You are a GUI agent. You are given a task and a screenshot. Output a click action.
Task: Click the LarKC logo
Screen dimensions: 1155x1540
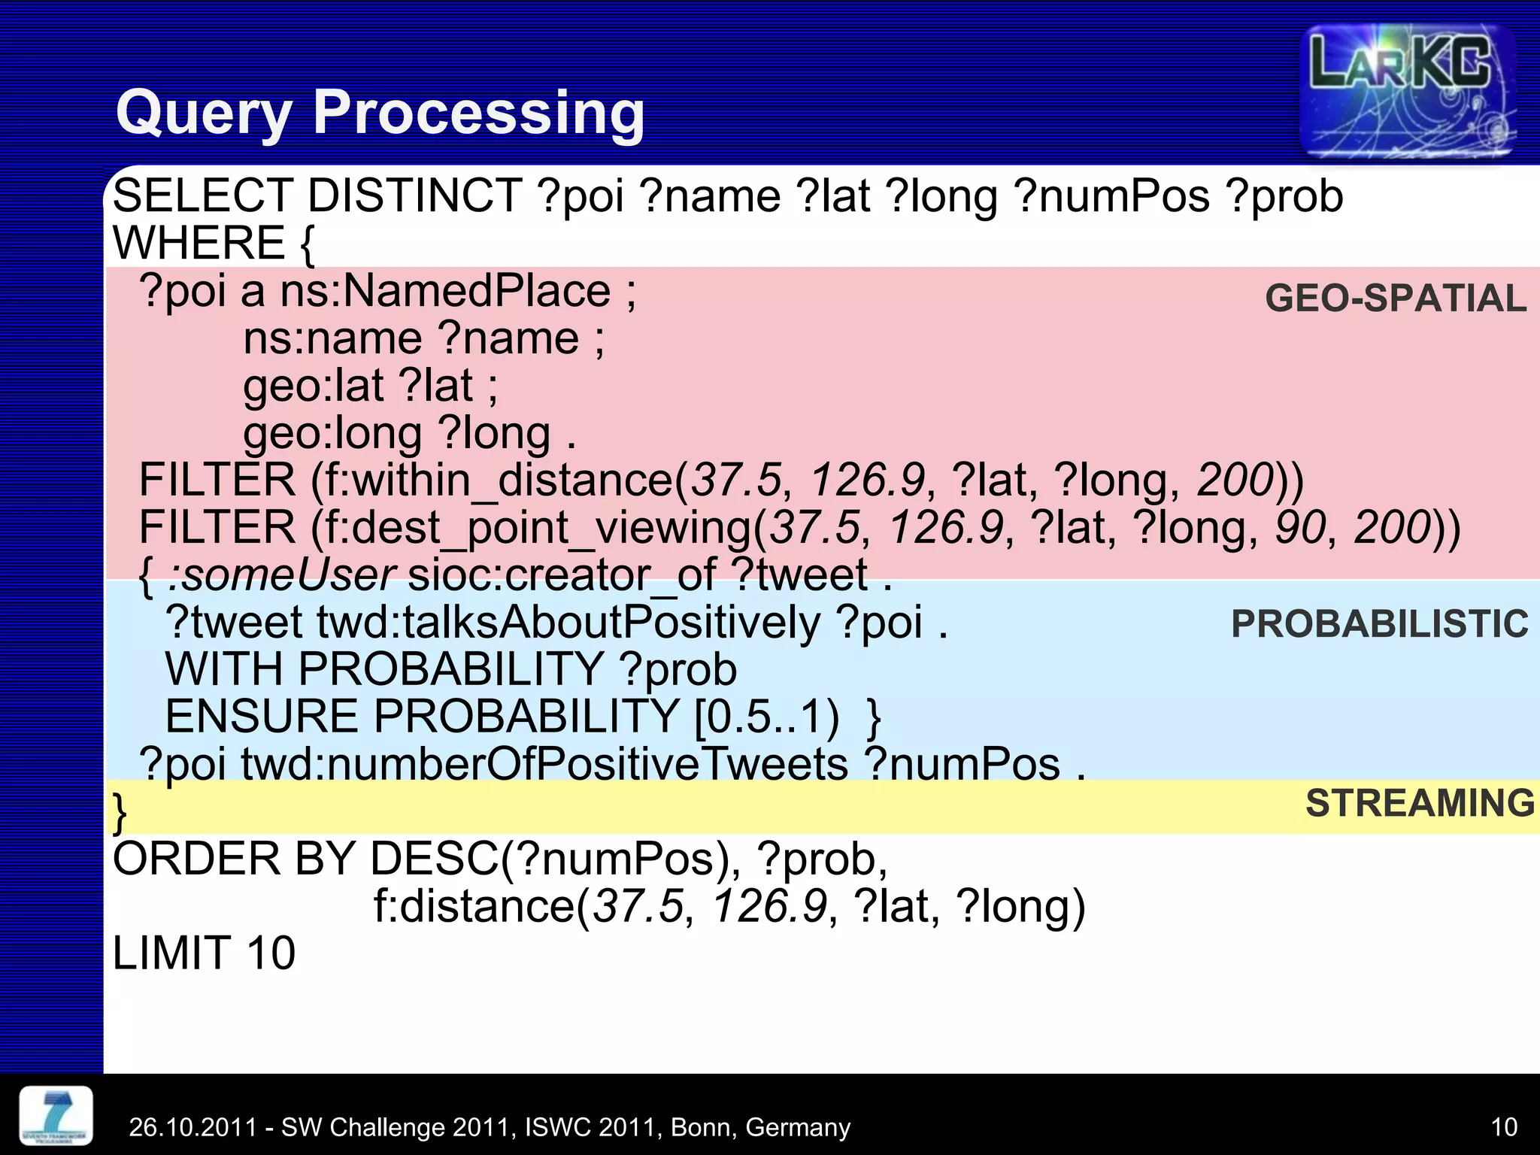(1406, 90)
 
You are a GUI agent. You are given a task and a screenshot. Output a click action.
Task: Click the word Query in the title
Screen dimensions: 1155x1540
(203, 113)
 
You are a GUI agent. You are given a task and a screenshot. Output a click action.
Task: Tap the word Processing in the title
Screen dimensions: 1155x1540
(478, 113)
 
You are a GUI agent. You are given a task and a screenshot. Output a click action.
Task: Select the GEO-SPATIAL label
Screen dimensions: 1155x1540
(1396, 299)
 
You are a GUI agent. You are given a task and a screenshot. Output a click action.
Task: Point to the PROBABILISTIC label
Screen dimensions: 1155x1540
(1379, 624)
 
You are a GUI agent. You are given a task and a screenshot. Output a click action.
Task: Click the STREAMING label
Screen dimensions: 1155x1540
(1420, 803)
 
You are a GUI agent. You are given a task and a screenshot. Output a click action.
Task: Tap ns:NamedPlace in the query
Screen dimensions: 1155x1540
(445, 292)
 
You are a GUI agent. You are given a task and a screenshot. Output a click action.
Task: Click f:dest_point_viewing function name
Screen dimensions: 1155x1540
(532, 527)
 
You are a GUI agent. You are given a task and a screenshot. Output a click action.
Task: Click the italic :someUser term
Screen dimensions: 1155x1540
(282, 575)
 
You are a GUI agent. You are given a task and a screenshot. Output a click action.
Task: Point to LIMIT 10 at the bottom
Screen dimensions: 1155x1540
(204, 953)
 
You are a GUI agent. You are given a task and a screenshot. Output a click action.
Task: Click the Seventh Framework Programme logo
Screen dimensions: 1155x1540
(56, 1116)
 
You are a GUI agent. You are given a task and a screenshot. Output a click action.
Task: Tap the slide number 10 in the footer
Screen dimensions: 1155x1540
(1503, 1127)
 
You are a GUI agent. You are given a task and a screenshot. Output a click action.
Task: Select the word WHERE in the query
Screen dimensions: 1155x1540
(199, 243)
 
